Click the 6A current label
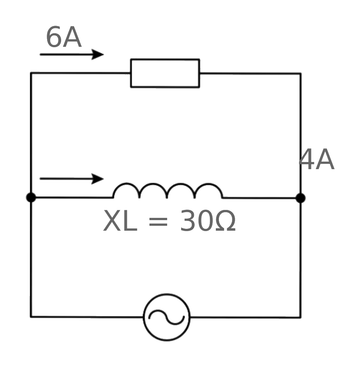(64, 37)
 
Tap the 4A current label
(317, 159)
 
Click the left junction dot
(31, 197)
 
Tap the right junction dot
(301, 198)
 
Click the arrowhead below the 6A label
(97, 54)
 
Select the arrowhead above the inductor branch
(97, 179)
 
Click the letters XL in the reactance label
(120, 221)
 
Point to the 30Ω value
(208, 221)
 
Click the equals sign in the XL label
(158, 222)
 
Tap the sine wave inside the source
(166, 318)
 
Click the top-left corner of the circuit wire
(31, 73)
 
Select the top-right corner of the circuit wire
(301, 74)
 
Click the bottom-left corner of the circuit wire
(31, 317)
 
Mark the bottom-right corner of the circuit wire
(300, 318)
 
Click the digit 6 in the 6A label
(54, 37)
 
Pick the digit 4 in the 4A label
(307, 159)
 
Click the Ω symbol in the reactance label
(226, 221)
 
